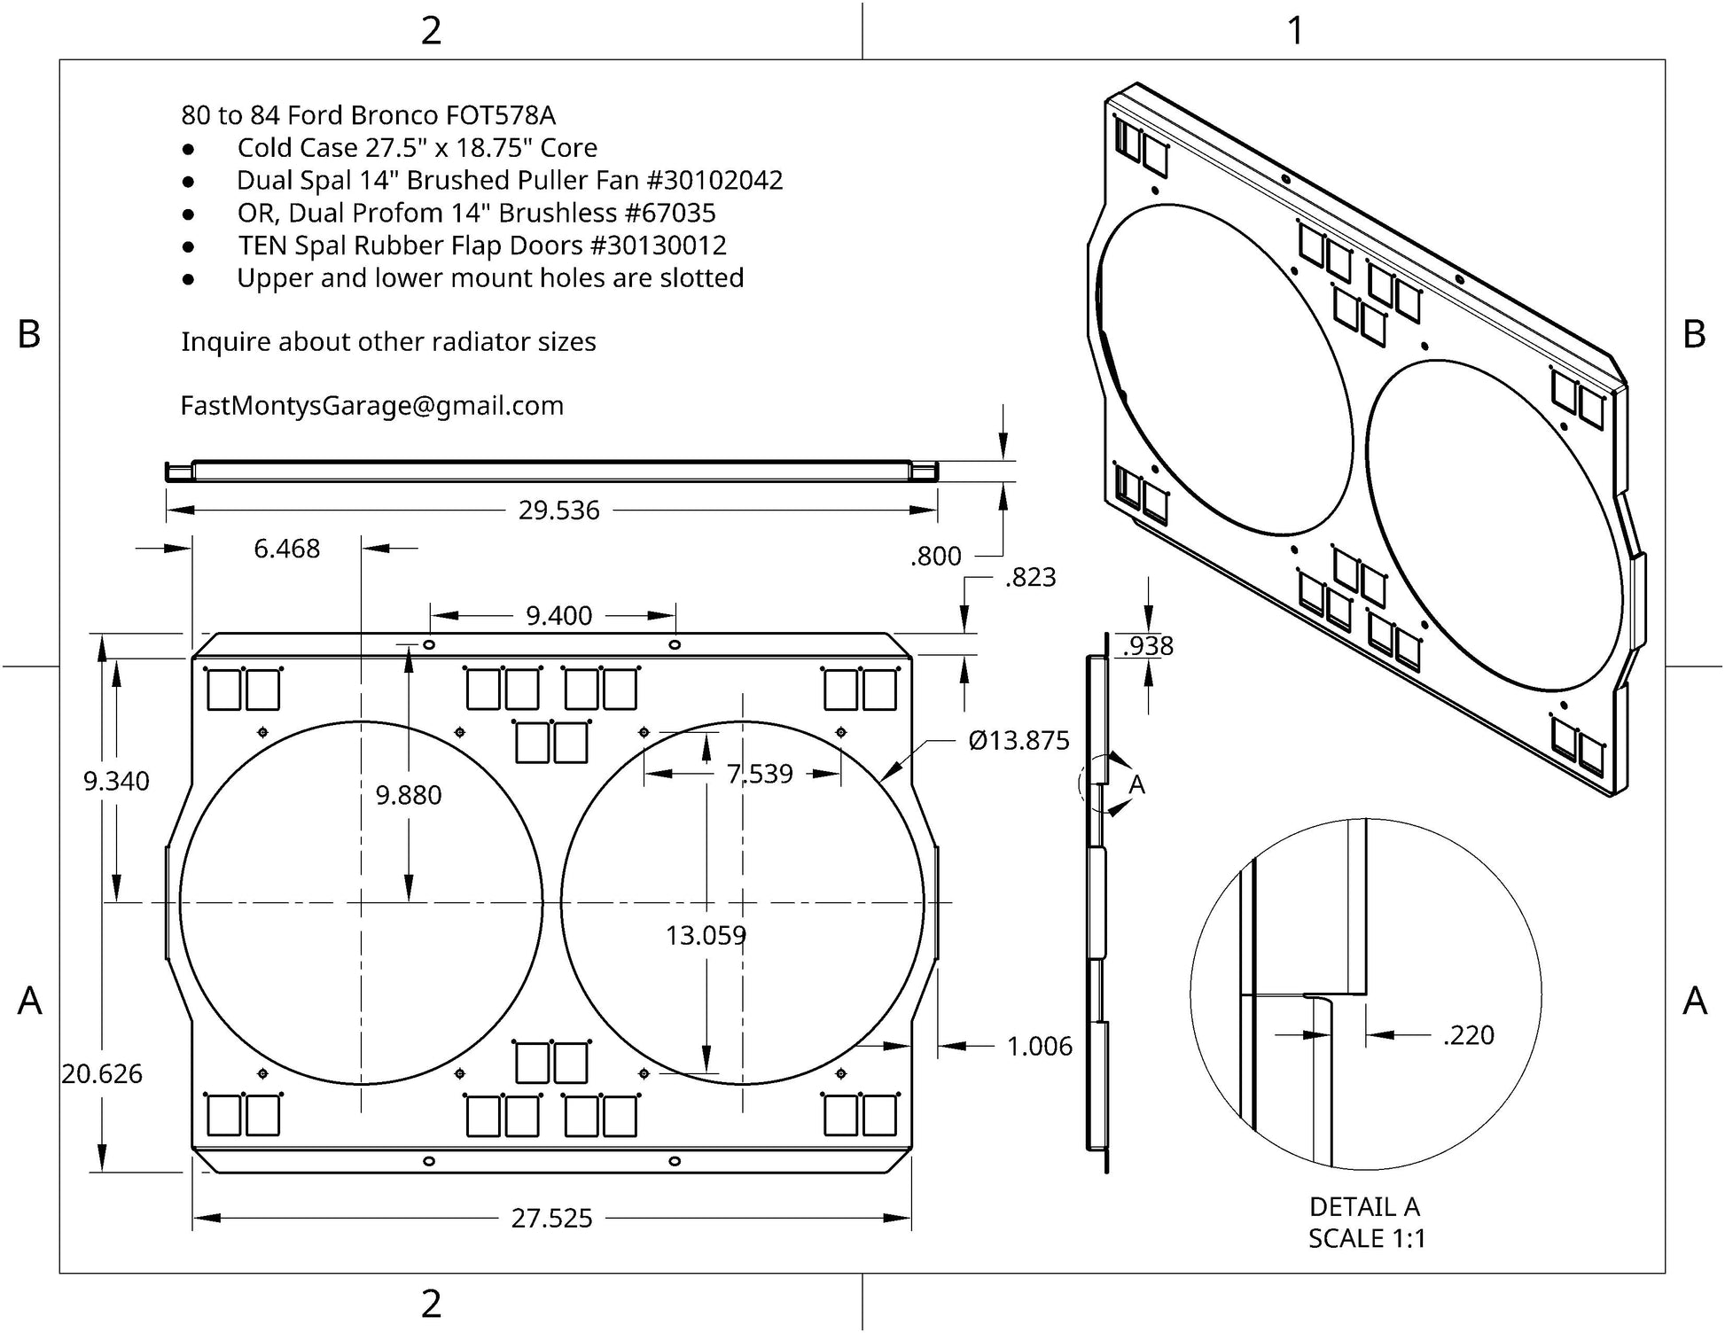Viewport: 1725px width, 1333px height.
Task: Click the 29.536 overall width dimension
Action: [558, 511]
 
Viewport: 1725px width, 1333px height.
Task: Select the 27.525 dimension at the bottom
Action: [551, 1219]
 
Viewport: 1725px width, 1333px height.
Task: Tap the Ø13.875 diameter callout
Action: [1019, 741]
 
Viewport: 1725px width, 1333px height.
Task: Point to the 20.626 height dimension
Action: [102, 1074]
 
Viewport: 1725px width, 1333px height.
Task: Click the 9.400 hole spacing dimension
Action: [558, 616]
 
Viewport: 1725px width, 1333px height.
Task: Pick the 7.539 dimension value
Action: [760, 775]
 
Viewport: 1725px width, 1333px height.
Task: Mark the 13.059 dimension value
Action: [706, 936]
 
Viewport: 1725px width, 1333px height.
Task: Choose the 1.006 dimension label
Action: [1039, 1047]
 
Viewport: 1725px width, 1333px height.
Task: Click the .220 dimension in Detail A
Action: [1468, 1035]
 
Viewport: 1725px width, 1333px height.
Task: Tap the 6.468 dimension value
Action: [286, 550]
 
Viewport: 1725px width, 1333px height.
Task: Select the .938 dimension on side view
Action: [1148, 646]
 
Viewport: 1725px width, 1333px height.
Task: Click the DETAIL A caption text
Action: [1364, 1207]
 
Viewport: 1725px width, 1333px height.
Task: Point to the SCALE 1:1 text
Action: [1367, 1239]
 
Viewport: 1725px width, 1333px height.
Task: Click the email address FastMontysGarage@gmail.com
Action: [372, 406]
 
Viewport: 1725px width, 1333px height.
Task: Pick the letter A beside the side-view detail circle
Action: [1136, 785]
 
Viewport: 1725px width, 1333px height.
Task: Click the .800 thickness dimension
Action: [935, 557]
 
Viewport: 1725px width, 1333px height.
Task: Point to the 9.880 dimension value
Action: [408, 796]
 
